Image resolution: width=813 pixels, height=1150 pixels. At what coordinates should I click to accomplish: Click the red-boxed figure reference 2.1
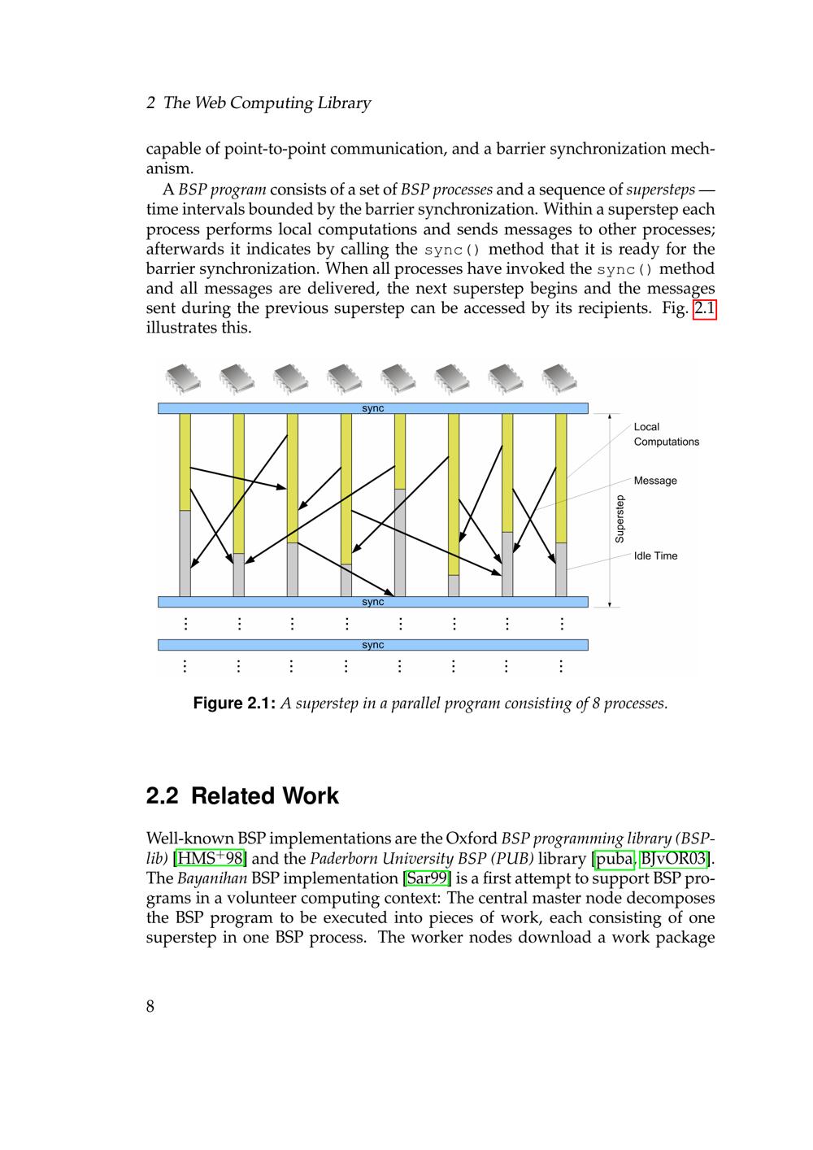pyautogui.click(x=704, y=309)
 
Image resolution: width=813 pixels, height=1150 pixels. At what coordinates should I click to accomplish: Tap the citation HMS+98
pyautogui.click(x=210, y=859)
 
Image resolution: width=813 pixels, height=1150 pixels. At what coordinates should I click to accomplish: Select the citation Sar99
pyautogui.click(x=427, y=878)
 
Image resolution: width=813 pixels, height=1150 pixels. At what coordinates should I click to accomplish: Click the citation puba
pyautogui.click(x=614, y=859)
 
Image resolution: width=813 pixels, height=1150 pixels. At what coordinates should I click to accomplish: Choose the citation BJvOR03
pyautogui.click(x=674, y=859)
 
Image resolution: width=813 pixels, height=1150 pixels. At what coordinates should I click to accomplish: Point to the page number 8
pyautogui.click(x=150, y=1007)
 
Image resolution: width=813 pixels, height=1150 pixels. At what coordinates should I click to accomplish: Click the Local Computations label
pyautogui.click(x=666, y=434)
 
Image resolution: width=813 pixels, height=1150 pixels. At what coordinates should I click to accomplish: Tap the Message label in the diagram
pyautogui.click(x=655, y=481)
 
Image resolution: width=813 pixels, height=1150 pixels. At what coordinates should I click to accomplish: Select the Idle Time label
pyautogui.click(x=655, y=556)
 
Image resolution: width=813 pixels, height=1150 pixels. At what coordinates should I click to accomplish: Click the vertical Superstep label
pyautogui.click(x=620, y=519)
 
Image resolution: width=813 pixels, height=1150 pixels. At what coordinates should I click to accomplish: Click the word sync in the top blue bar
pyautogui.click(x=372, y=408)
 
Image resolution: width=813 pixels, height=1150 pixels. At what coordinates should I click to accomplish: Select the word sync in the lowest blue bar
pyautogui.click(x=372, y=645)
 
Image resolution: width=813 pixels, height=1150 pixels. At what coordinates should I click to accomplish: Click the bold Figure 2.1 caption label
pyautogui.click(x=234, y=704)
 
